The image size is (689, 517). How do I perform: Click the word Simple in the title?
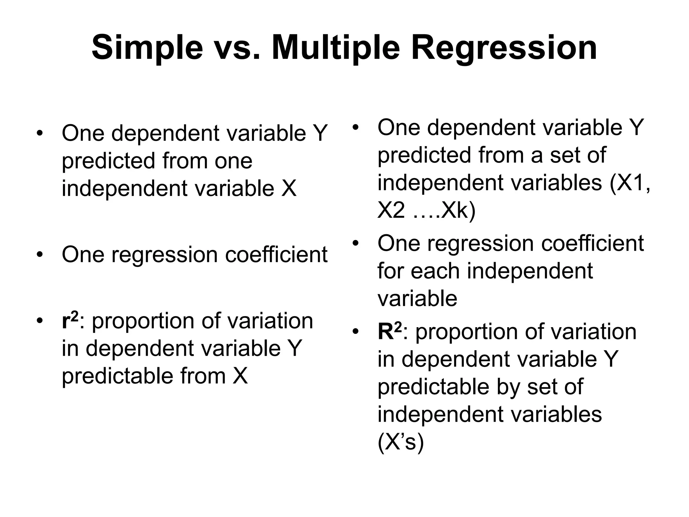click(x=147, y=48)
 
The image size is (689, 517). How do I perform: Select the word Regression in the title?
click(x=504, y=48)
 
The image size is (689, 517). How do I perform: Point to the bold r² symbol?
click(x=70, y=320)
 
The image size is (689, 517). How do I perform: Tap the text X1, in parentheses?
click(x=630, y=183)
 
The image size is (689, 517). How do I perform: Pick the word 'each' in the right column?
click(x=434, y=271)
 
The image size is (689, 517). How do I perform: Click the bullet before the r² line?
click(x=40, y=320)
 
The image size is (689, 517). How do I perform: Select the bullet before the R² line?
click(x=356, y=332)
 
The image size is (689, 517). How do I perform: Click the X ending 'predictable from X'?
click(x=240, y=376)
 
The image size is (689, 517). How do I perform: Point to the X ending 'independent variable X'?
click(x=289, y=188)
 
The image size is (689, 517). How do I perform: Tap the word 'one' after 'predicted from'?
click(x=233, y=161)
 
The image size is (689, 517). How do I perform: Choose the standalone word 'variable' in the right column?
click(x=417, y=299)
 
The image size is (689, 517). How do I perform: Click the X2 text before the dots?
click(x=391, y=211)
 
